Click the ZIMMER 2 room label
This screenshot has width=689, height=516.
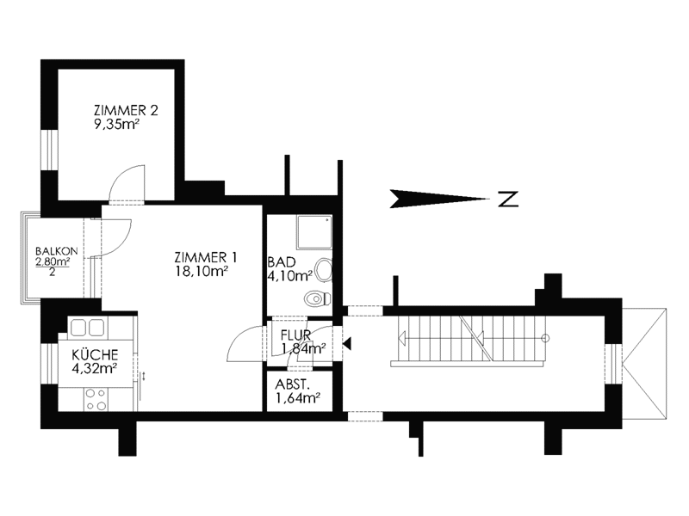pyautogui.click(x=126, y=110)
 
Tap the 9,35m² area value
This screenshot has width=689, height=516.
pyautogui.click(x=116, y=125)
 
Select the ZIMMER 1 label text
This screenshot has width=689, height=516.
pyautogui.click(x=206, y=257)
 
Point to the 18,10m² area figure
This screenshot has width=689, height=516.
pyautogui.click(x=202, y=272)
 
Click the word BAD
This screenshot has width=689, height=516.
pyautogui.click(x=282, y=262)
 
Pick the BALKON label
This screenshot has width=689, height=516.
pyautogui.click(x=57, y=251)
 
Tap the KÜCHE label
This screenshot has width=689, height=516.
pyautogui.click(x=95, y=354)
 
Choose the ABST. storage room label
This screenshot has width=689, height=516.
pyautogui.click(x=292, y=384)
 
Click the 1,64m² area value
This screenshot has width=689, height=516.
pyautogui.click(x=297, y=398)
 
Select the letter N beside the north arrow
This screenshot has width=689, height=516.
pyautogui.click(x=508, y=199)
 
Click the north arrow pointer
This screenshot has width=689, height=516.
pyautogui.click(x=439, y=199)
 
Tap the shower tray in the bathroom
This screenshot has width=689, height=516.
pyautogui.click(x=313, y=232)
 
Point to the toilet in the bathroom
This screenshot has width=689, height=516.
pyautogui.click(x=317, y=298)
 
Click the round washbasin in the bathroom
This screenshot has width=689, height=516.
pyautogui.click(x=325, y=270)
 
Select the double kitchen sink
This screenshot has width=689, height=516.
pyautogui.click(x=87, y=328)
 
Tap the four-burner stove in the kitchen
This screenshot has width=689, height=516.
pyautogui.click(x=96, y=399)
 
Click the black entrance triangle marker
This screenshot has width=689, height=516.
pyautogui.click(x=347, y=343)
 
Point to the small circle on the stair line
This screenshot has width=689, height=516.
pyautogui.click(x=545, y=338)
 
